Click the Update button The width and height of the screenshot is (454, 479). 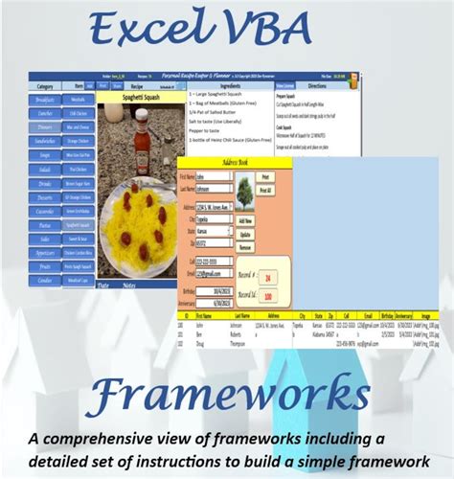pyautogui.click(x=245, y=234)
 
